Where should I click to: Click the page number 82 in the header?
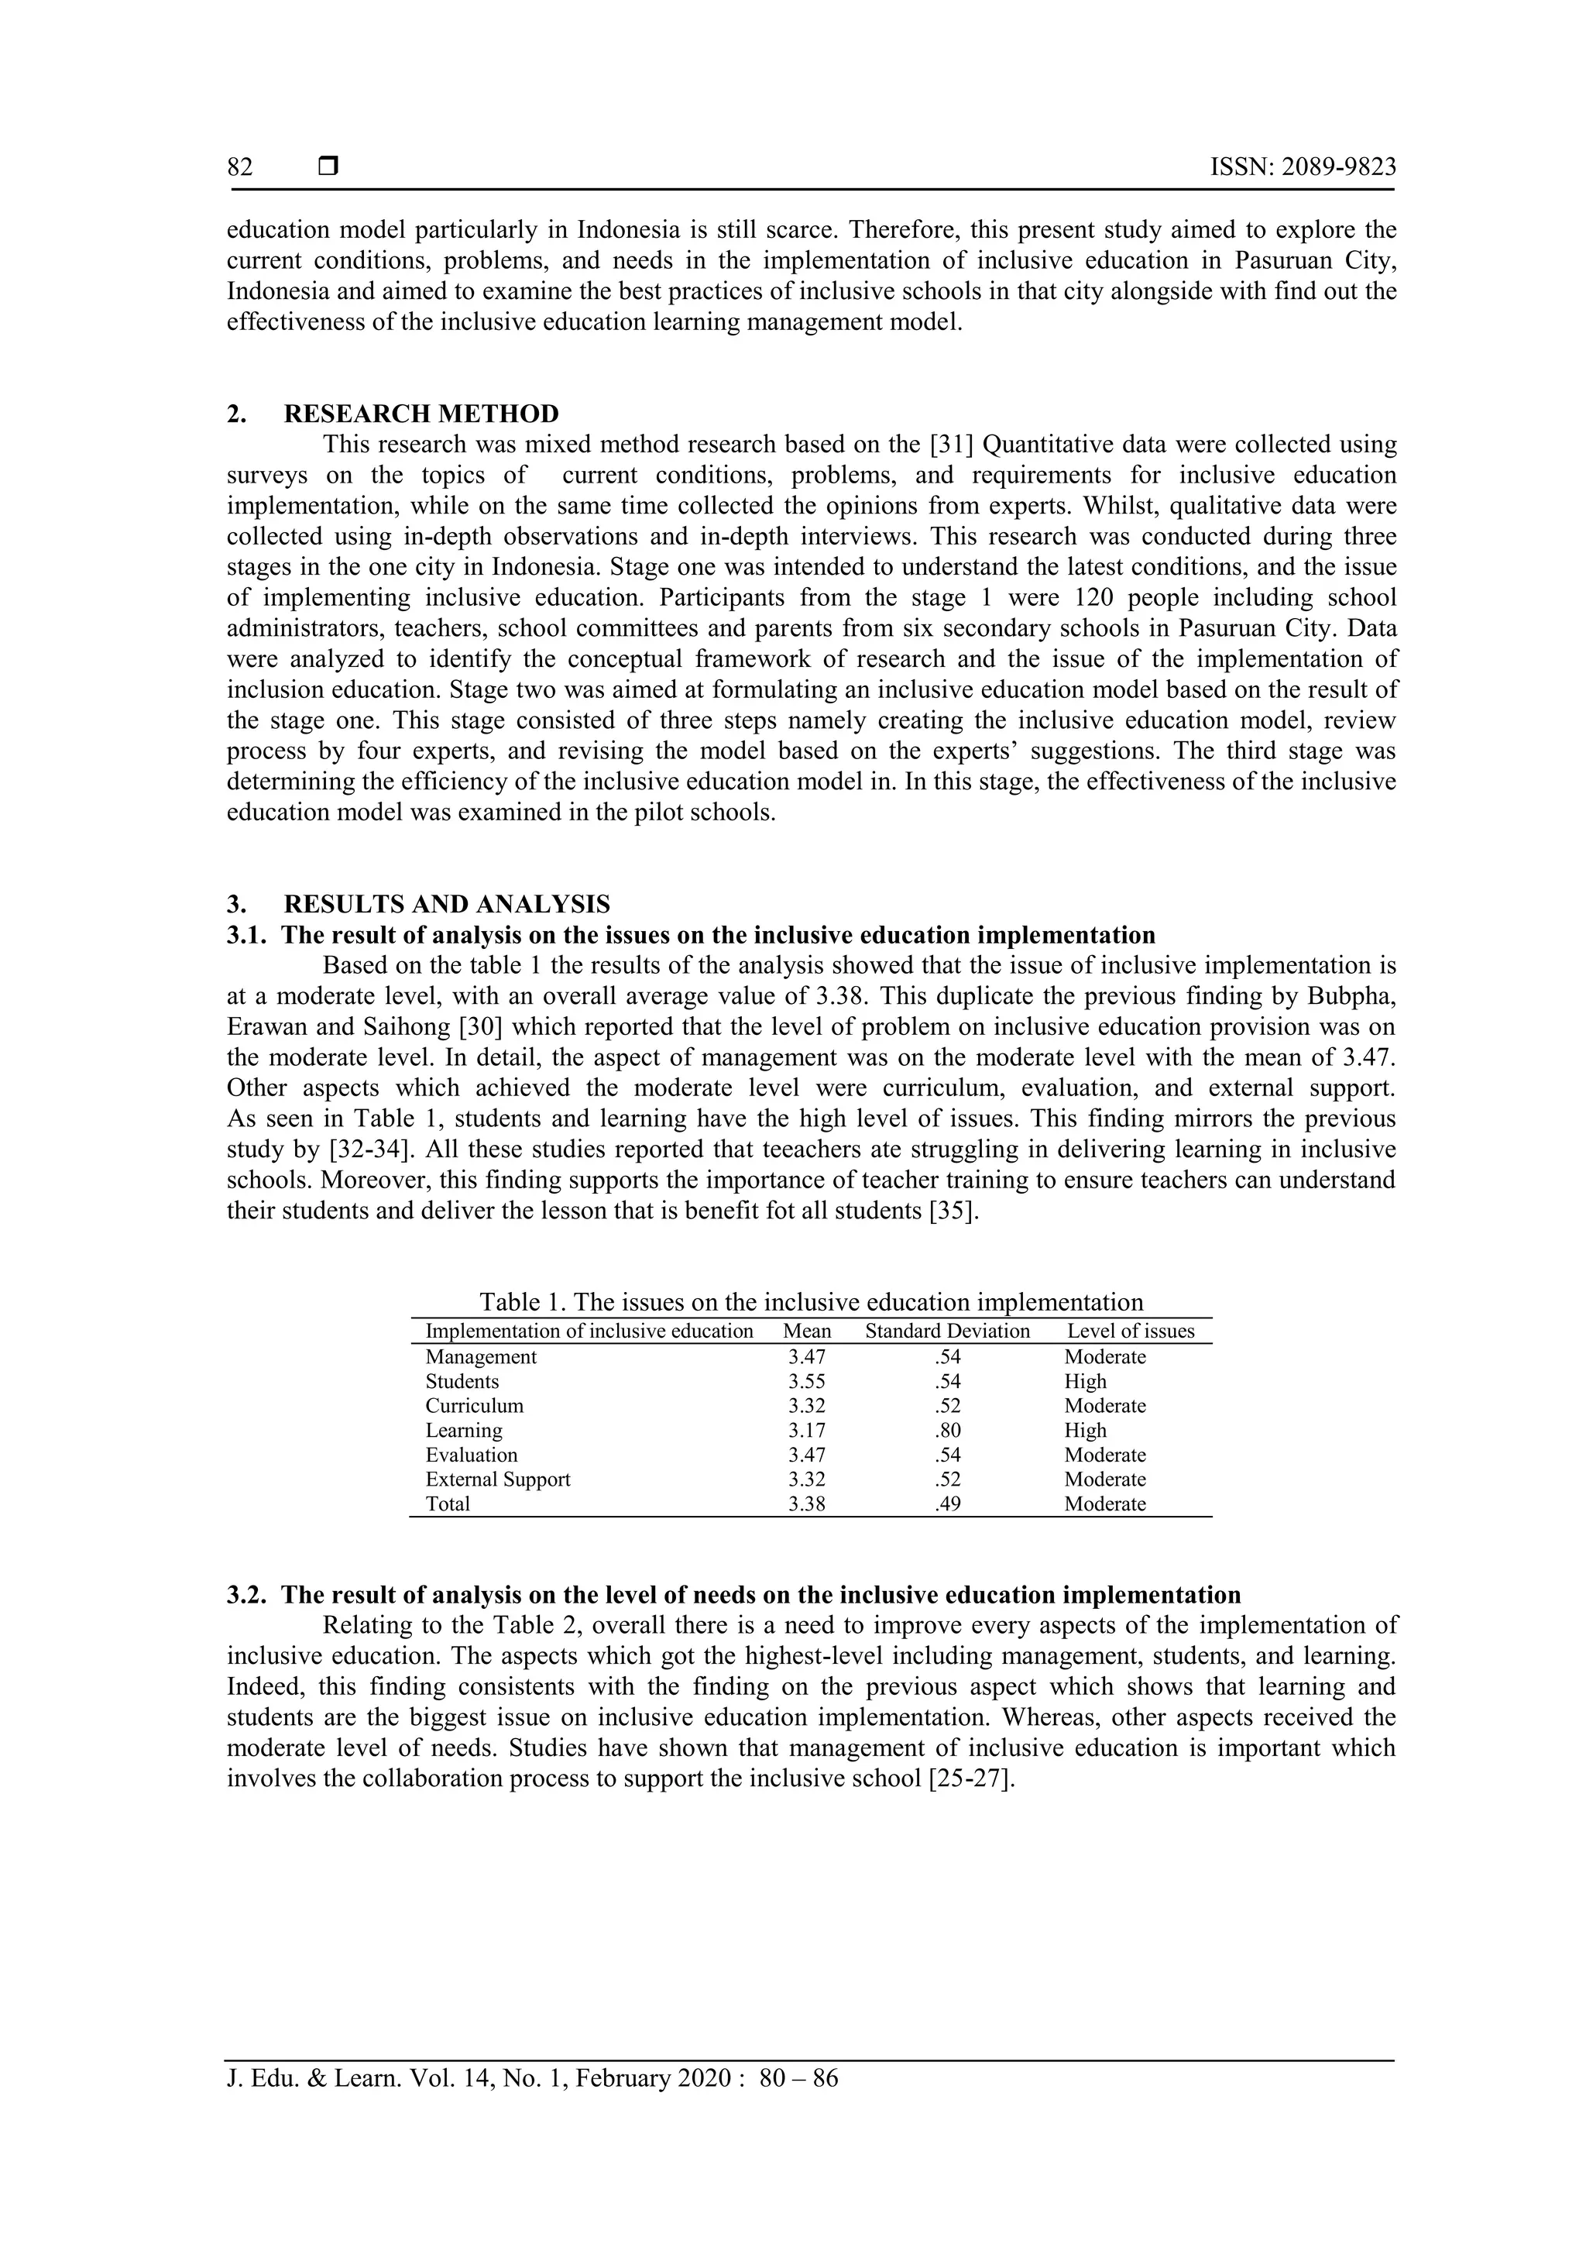pyautogui.click(x=239, y=167)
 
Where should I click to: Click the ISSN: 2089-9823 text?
pyautogui.click(x=1303, y=167)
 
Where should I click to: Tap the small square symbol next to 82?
pyautogui.click(x=328, y=167)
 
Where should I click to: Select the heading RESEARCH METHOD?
pyautogui.click(x=421, y=414)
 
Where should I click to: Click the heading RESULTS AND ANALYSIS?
pyautogui.click(x=447, y=904)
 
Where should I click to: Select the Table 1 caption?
pyautogui.click(x=810, y=1302)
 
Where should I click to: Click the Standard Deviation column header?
pyautogui.click(x=947, y=1332)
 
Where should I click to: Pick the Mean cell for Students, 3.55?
pyautogui.click(x=806, y=1381)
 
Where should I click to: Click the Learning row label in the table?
pyautogui.click(x=463, y=1430)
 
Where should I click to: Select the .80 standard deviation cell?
pyautogui.click(x=947, y=1430)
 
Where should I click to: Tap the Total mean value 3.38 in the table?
pyautogui.click(x=806, y=1504)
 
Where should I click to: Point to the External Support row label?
pyautogui.click(x=497, y=1479)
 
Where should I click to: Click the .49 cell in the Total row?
pyautogui.click(x=947, y=1504)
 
